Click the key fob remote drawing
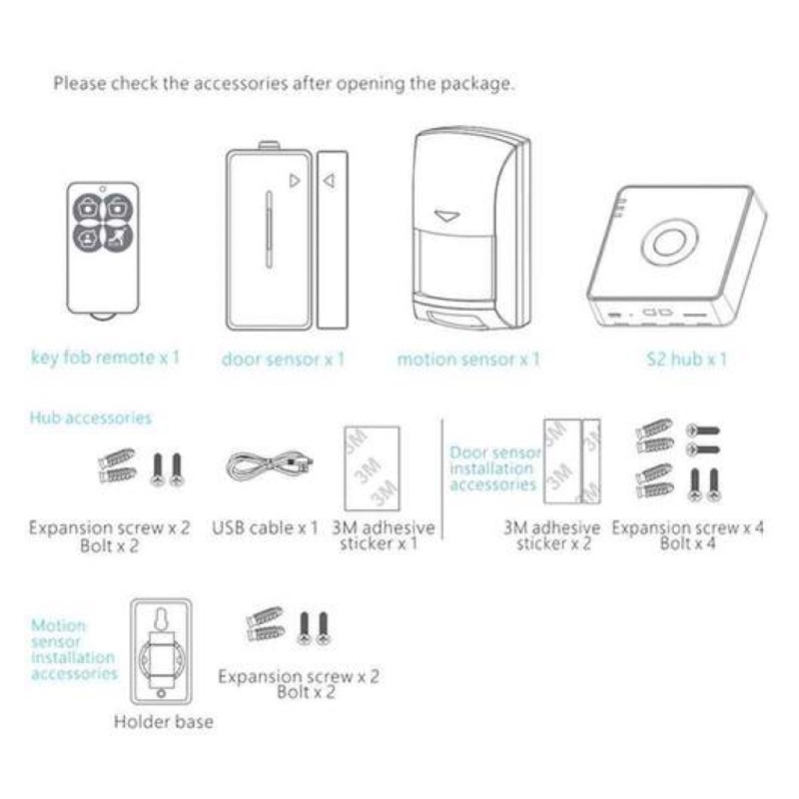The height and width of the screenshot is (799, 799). tap(103, 251)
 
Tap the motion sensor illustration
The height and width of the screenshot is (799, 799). tap(471, 231)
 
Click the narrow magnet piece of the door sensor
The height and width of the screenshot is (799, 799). tap(333, 240)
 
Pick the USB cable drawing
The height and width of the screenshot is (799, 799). tap(270, 465)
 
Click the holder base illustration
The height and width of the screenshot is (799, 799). tap(161, 652)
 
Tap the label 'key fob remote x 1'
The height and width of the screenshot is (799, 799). tap(106, 358)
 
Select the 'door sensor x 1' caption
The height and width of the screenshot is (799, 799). tap(284, 360)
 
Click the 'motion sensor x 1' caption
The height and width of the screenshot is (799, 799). tap(468, 360)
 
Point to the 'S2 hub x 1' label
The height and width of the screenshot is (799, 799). tap(686, 360)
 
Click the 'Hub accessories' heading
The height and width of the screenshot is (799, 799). tap(91, 417)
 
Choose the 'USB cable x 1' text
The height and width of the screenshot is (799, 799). tap(265, 528)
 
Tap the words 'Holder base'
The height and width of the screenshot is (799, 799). tap(164, 721)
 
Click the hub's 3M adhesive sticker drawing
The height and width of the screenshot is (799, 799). tap(372, 468)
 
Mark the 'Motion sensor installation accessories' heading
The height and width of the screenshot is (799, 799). tap(74, 649)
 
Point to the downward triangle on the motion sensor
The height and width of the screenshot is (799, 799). tap(446, 216)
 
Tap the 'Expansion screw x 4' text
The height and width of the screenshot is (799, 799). tap(688, 528)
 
